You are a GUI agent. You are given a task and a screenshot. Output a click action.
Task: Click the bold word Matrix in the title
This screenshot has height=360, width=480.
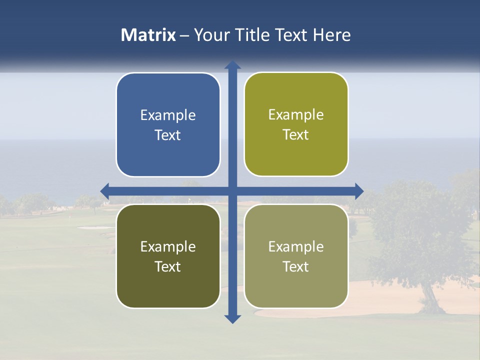click(148, 35)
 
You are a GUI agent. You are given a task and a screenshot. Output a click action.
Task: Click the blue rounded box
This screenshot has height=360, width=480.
click(168, 125)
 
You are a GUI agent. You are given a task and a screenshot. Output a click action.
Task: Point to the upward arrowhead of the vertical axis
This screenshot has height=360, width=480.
click(232, 64)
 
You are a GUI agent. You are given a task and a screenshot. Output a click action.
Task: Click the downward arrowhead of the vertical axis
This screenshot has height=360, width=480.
click(232, 319)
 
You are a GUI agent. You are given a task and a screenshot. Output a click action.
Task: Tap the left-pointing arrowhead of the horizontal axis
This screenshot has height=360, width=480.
click(105, 191)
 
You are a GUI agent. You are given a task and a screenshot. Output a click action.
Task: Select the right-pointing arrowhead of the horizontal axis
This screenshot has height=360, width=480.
click(359, 191)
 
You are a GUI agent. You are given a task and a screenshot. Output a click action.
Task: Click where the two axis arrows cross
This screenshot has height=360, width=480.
click(232, 191)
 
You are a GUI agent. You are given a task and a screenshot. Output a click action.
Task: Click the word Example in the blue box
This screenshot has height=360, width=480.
click(168, 115)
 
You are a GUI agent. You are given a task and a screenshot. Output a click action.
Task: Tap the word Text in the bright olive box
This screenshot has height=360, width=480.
click(296, 135)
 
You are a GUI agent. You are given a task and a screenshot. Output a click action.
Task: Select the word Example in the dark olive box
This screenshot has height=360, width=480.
click(168, 246)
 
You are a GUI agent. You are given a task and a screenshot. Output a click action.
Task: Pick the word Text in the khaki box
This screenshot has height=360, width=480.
click(296, 266)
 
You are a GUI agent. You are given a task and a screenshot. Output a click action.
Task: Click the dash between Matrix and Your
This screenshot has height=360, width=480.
click(184, 35)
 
